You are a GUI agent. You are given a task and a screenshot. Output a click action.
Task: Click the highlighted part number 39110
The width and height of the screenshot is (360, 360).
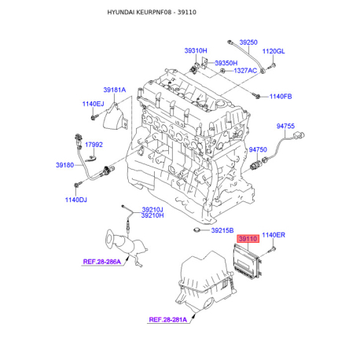pyautogui.click(x=248, y=239)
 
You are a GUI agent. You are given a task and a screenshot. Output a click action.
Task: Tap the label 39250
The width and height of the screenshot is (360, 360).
pyautogui.click(x=248, y=42)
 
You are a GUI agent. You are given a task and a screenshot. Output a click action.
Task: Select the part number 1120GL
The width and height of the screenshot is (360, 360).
pyautogui.click(x=274, y=51)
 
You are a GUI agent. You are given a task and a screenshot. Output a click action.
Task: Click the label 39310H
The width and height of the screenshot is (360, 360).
pyautogui.click(x=196, y=50)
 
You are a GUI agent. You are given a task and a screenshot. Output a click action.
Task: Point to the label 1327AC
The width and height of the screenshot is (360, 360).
pyautogui.click(x=245, y=71)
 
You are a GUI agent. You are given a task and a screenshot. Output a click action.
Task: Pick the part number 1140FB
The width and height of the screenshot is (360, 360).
pyautogui.click(x=281, y=97)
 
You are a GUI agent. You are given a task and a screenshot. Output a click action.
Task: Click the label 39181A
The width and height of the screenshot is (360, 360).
pyautogui.click(x=115, y=90)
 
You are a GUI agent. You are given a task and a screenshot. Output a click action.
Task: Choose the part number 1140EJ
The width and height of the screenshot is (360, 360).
pyautogui.click(x=93, y=104)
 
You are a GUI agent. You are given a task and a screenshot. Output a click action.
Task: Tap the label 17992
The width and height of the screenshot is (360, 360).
pyautogui.click(x=94, y=145)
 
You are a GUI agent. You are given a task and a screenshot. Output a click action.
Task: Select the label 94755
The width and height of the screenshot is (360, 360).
pyautogui.click(x=285, y=127)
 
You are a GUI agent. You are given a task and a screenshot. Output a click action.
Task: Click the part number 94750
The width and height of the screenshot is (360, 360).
pyautogui.click(x=258, y=149)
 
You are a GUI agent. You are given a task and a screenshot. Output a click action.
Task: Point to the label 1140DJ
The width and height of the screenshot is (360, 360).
pyautogui.click(x=76, y=200)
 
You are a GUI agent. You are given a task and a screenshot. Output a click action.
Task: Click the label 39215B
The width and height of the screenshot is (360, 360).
pyautogui.click(x=222, y=230)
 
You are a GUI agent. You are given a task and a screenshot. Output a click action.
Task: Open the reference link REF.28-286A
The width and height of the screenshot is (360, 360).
pyautogui.click(x=102, y=262)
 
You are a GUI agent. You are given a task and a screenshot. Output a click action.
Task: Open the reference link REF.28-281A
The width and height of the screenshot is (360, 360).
pyautogui.click(x=168, y=320)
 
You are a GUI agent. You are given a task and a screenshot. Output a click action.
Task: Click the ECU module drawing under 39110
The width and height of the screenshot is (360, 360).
pyautogui.click(x=247, y=260)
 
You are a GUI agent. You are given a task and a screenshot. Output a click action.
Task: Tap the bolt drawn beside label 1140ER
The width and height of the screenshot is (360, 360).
pyautogui.click(x=272, y=250)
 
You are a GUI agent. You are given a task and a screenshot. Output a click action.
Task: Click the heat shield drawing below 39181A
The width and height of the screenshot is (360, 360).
pyautogui.click(x=115, y=117)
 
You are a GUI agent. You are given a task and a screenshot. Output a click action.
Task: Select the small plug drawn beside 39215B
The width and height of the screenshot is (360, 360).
pyautogui.click(x=197, y=230)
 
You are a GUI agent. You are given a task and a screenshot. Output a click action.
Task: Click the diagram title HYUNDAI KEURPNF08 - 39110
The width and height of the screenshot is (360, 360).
pyautogui.click(x=152, y=13)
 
